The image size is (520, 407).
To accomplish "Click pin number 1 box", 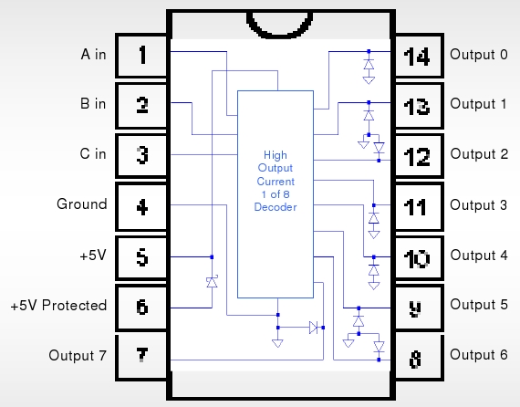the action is (x=141, y=56).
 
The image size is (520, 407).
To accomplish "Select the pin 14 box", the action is (x=419, y=56).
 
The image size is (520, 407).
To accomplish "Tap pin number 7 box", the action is (x=141, y=357).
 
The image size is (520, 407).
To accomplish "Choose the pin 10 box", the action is (x=419, y=257).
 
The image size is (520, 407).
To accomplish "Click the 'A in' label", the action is (x=94, y=55).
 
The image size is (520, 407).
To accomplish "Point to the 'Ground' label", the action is (x=82, y=204).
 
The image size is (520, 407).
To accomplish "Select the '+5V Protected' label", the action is (x=58, y=306).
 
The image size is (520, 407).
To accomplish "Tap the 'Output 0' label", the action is (x=479, y=55).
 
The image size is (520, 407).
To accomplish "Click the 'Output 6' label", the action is (x=479, y=355).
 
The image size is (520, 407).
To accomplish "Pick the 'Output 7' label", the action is (x=78, y=356).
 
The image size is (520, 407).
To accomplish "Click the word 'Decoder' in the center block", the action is (x=276, y=207).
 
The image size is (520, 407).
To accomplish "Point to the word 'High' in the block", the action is (x=276, y=155).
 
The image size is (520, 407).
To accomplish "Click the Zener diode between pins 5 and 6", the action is (x=212, y=282).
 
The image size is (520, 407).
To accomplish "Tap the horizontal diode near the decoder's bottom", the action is (x=314, y=328).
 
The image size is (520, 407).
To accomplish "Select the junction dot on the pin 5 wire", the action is (x=212, y=256).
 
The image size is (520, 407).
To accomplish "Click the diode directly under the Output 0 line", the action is (x=369, y=65).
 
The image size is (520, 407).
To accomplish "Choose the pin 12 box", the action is (x=419, y=156).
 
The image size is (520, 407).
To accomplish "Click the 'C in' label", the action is (x=93, y=154).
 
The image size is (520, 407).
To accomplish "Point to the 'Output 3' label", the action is (x=479, y=205).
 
